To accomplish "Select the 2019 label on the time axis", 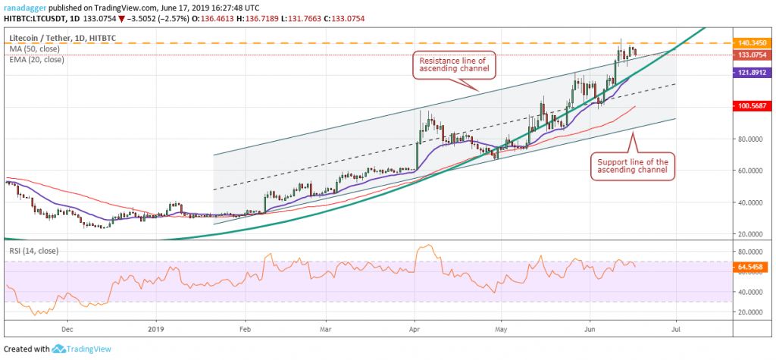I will click(155, 330).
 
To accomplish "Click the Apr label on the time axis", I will click(415, 330).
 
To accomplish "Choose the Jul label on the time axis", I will click(674, 330).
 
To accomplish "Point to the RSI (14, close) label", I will click(31, 249).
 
